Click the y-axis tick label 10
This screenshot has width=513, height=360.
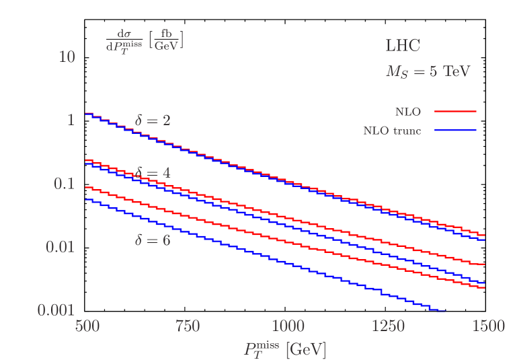(x=67, y=57)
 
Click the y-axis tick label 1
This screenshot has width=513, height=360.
(x=70, y=120)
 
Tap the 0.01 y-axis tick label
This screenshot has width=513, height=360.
(x=59, y=246)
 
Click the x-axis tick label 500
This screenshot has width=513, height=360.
(x=87, y=326)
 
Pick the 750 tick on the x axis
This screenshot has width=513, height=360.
(x=187, y=326)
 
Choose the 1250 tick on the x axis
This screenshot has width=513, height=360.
(x=388, y=326)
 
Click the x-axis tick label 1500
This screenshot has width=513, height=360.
(x=488, y=326)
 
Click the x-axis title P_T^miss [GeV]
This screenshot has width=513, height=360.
(x=285, y=349)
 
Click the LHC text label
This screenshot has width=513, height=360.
(x=403, y=46)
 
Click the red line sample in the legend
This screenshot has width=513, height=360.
(x=455, y=112)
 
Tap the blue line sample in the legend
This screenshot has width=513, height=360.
(x=455, y=131)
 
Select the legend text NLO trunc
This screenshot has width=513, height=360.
(x=392, y=131)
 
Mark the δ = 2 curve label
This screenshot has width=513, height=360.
(x=153, y=120)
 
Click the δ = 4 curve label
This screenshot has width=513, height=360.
(x=153, y=174)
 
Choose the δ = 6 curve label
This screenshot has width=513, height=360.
(x=153, y=239)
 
